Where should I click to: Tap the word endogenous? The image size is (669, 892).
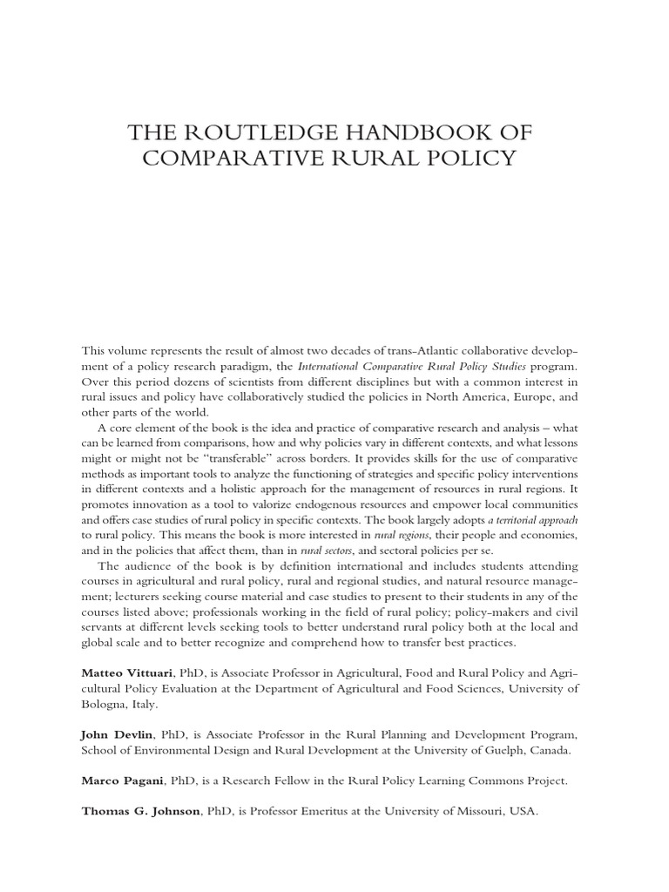(345, 506)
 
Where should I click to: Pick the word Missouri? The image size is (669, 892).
(478, 811)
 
